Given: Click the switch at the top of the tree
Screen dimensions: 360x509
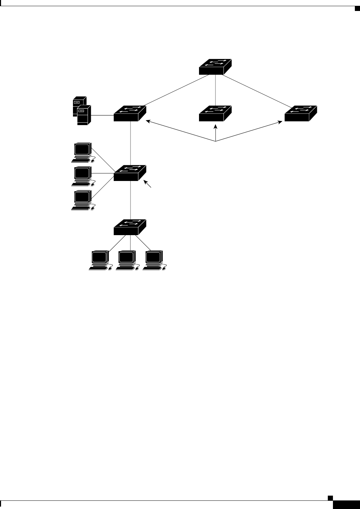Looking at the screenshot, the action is click(x=215, y=67).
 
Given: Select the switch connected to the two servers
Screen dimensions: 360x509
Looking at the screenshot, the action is click(x=130, y=113).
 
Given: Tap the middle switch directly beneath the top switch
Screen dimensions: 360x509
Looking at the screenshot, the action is click(x=215, y=113).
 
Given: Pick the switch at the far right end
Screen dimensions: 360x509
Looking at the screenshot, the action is click(x=300, y=113).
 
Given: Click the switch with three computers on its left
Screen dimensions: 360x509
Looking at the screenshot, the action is click(x=130, y=173).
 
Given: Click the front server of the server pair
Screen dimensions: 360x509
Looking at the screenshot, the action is click(x=84, y=116).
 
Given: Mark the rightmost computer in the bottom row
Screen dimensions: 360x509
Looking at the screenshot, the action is click(x=154, y=260).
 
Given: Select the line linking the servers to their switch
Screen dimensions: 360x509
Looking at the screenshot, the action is click(x=102, y=115).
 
